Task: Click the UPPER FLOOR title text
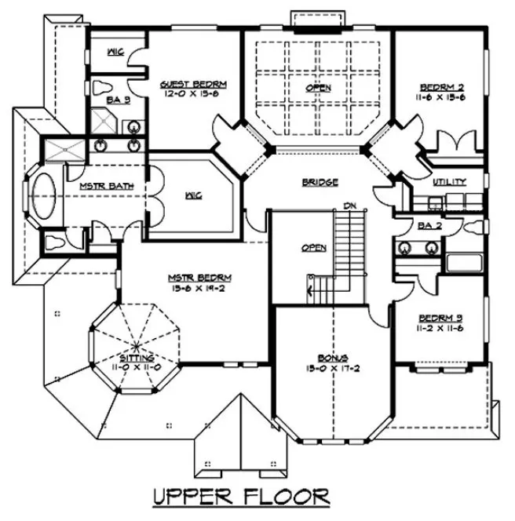(x=240, y=497)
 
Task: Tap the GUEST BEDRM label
(x=194, y=85)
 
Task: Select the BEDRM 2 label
(x=440, y=87)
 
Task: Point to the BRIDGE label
(x=320, y=182)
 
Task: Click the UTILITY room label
(x=449, y=182)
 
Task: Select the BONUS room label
(x=322, y=356)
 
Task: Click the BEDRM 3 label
(x=440, y=317)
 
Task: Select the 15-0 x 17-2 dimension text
(x=322, y=366)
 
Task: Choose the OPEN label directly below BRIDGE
(x=314, y=248)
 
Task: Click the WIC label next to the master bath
(x=192, y=195)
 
